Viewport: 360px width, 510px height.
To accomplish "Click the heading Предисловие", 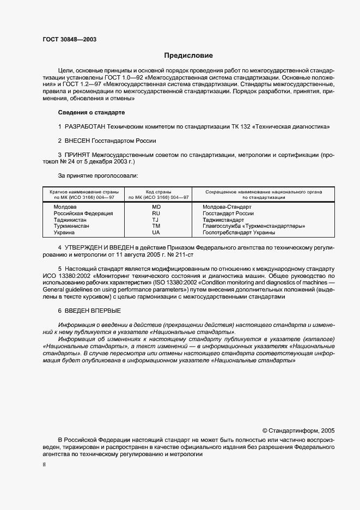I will coord(189,56).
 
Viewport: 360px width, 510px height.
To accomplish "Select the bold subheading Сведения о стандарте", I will coord(91,112).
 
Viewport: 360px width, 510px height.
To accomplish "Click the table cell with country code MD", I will coord(156,207).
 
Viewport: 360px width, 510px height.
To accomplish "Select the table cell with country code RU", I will coord(156,214).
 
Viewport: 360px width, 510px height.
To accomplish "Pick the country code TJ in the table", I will coord(156,220).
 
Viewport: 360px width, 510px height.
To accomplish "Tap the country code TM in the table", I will coord(156,226).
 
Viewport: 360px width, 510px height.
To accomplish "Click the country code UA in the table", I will coord(156,232).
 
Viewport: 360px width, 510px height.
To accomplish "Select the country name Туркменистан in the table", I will coord(71,226).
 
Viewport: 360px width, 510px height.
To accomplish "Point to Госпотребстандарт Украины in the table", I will coord(239,232).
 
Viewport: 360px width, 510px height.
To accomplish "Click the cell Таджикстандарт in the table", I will coord(223,220).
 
